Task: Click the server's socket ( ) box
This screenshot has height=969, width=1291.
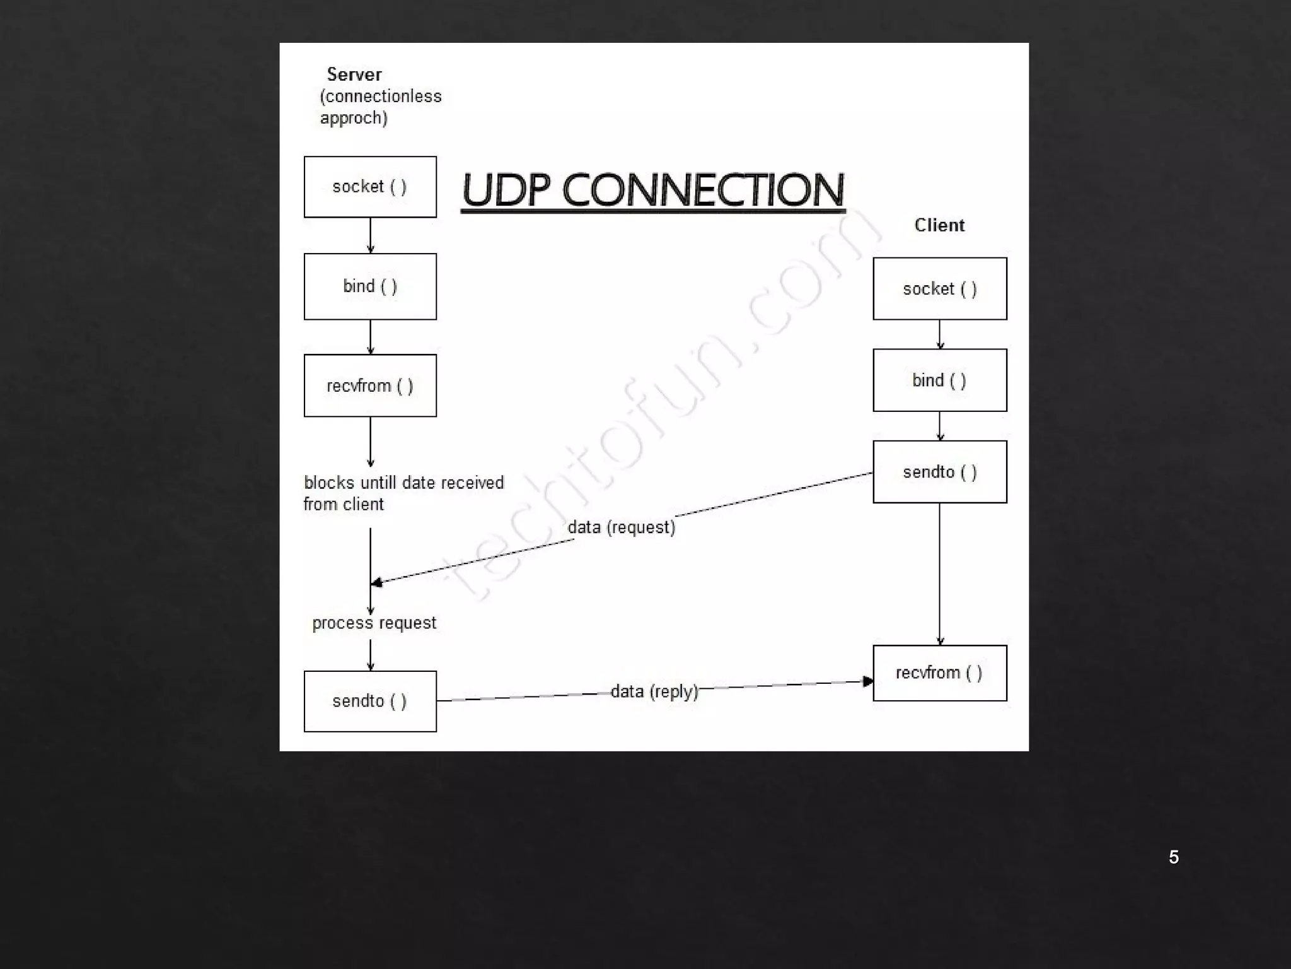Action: pos(370,187)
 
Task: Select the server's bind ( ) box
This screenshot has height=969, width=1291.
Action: pos(370,286)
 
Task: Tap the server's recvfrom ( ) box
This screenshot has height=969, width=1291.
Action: pos(370,385)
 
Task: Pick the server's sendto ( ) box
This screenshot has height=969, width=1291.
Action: pos(370,701)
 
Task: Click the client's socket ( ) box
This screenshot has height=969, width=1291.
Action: pos(939,289)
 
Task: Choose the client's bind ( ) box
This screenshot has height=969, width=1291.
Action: pos(939,380)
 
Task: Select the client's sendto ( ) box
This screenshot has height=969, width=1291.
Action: pos(939,472)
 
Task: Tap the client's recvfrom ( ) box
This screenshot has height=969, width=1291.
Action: pos(939,673)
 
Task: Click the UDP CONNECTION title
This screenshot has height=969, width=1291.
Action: pos(652,190)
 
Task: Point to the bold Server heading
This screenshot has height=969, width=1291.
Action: pos(354,74)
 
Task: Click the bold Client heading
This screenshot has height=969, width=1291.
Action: pos(939,225)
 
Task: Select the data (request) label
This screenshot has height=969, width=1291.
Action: pos(622,527)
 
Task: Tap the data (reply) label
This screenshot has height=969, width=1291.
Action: pos(654,691)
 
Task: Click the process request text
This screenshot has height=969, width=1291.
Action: pos(374,623)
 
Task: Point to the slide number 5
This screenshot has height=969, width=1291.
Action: pos(1174,857)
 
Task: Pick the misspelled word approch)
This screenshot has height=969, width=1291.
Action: pos(354,118)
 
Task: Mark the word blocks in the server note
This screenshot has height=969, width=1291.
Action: pos(329,483)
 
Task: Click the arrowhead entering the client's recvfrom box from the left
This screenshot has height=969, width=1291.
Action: pos(868,681)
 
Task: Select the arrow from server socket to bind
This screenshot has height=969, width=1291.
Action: pos(370,235)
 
